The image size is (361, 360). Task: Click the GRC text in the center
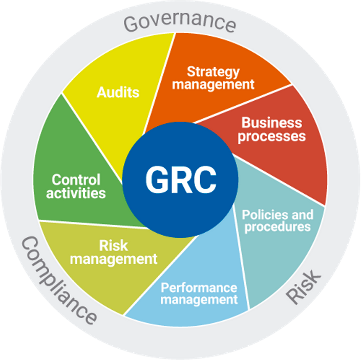(x=181, y=179)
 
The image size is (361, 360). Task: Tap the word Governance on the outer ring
(x=180, y=22)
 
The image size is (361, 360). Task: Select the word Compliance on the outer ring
(x=59, y=280)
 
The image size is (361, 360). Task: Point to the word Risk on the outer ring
(x=303, y=287)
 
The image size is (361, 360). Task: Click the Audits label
(x=118, y=93)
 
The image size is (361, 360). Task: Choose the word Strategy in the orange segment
(x=213, y=73)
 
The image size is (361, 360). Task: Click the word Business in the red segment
(x=272, y=123)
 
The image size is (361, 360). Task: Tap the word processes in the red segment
(x=272, y=137)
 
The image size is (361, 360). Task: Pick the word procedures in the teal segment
(x=278, y=227)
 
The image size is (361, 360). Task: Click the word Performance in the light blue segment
(x=199, y=287)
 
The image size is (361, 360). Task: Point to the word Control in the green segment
(x=76, y=179)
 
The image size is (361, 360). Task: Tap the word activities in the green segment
(x=76, y=193)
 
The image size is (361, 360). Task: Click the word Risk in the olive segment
(x=114, y=246)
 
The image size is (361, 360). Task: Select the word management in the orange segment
(x=213, y=84)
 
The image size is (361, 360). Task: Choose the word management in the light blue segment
(x=199, y=300)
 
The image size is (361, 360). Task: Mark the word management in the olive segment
(x=114, y=259)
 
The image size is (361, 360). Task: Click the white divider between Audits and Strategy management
(x=159, y=84)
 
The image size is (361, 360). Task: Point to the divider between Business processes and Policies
(x=279, y=180)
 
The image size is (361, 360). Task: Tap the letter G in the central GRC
(x=158, y=179)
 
